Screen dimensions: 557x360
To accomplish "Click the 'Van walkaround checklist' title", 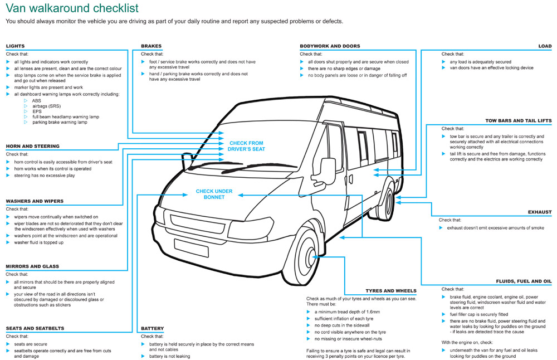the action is pyautogui.click(x=72, y=8).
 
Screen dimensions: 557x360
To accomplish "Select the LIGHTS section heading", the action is pyautogui.click(x=15, y=46).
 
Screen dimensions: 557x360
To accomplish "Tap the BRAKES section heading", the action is pyautogui.click(x=151, y=46).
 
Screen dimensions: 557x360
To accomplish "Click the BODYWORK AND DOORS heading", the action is pyautogui.click(x=330, y=46).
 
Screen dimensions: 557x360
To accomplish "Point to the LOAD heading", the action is pyautogui.click(x=545, y=46).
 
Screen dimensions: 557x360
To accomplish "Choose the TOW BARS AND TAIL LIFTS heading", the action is pyautogui.click(x=518, y=120).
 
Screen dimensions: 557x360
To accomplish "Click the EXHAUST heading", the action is pyautogui.click(x=540, y=212).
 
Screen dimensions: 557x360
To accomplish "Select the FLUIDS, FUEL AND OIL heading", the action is pyautogui.click(x=524, y=281).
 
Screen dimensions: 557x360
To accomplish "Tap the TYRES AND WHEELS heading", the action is pyautogui.click(x=391, y=291).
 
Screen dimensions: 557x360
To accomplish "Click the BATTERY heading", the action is pyautogui.click(x=153, y=328).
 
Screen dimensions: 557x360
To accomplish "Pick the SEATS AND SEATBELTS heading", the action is pyautogui.click(x=35, y=328).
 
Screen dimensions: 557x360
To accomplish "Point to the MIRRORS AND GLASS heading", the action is pyautogui.click(x=32, y=266).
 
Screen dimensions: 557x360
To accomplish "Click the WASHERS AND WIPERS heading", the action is pyautogui.click(x=35, y=201).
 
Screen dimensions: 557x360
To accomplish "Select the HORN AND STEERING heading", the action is pyautogui.click(x=33, y=146).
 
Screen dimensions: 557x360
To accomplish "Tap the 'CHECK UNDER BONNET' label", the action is pyautogui.click(x=214, y=194).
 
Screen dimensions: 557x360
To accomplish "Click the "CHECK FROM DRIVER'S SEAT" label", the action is pyautogui.click(x=246, y=146).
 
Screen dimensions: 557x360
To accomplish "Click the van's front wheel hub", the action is pyautogui.click(x=311, y=256).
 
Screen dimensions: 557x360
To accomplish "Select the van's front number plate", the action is pyautogui.click(x=191, y=247).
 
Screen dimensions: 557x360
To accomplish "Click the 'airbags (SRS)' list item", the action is pyautogui.click(x=47, y=106).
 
